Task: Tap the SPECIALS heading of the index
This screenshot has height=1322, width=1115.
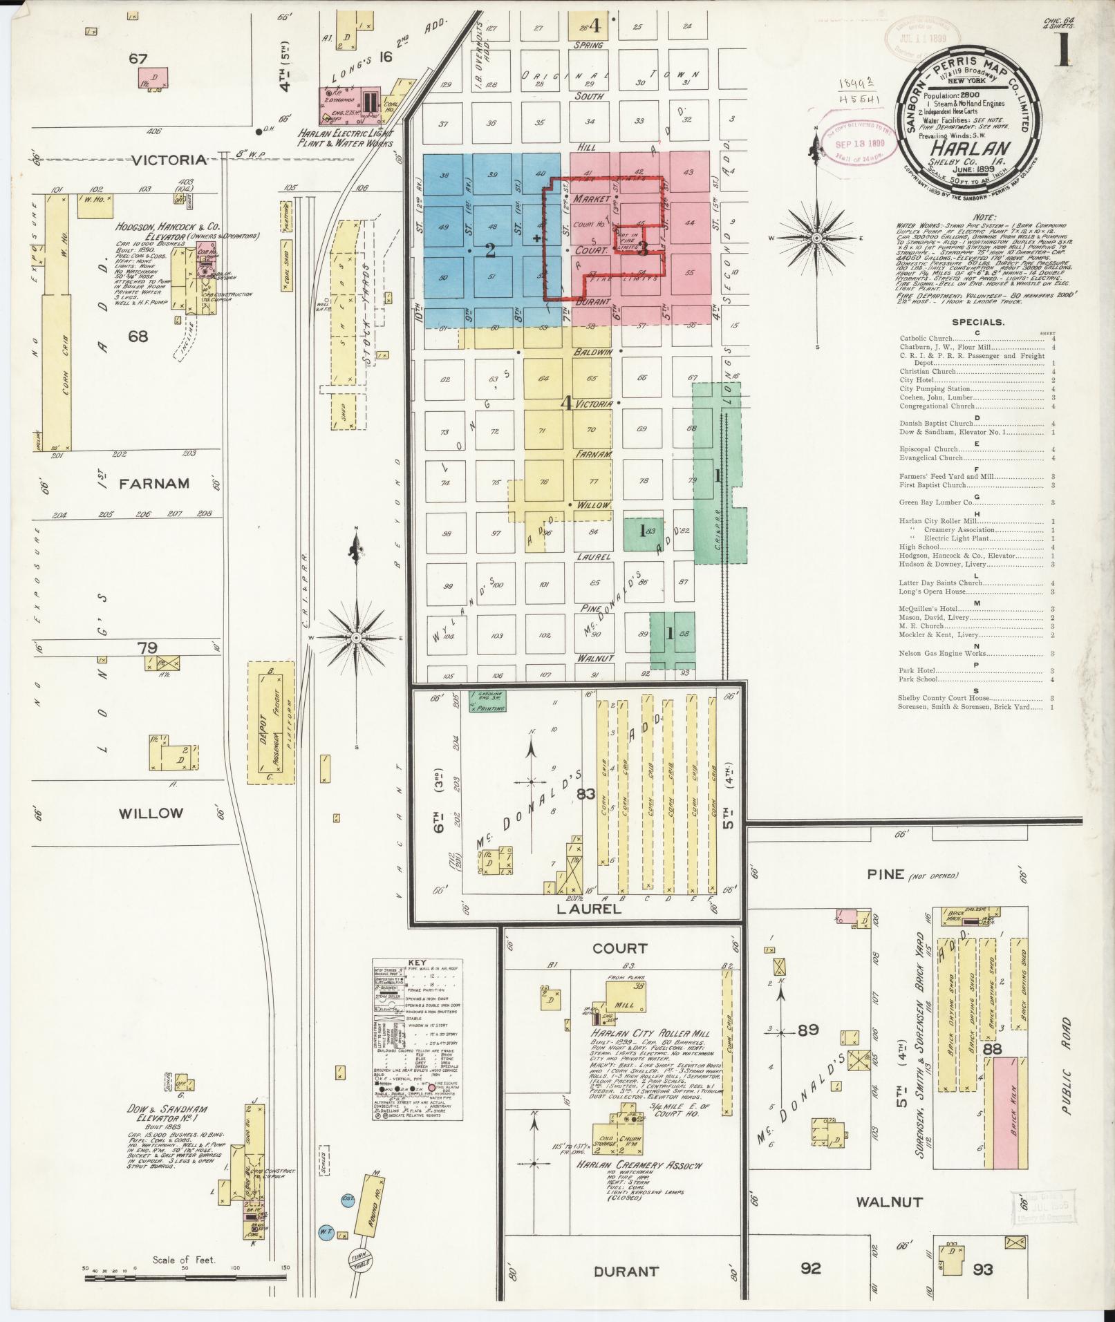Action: click(977, 322)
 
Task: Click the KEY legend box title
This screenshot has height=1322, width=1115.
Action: click(418, 963)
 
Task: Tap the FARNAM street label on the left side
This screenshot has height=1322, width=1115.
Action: click(153, 483)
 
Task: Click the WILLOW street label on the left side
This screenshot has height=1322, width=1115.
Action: click(150, 813)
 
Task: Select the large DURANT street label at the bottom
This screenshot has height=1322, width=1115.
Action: click(626, 1271)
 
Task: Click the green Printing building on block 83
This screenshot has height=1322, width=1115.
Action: click(487, 701)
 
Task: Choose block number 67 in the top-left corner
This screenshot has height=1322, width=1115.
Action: click(138, 59)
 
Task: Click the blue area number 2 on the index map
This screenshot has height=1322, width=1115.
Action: click(489, 250)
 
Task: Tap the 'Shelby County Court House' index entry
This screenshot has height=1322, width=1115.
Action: click(944, 698)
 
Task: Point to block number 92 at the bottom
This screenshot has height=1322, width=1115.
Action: click(810, 1268)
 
